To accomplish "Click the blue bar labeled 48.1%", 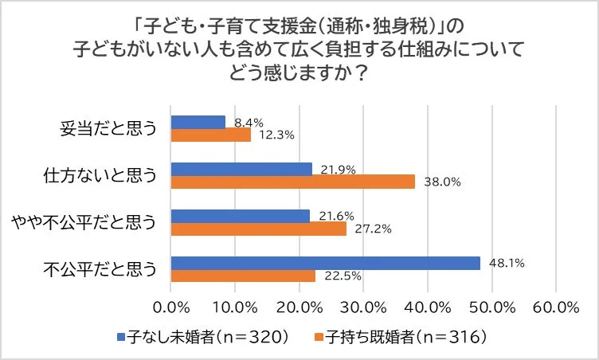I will point(325,263).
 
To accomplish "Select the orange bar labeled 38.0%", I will point(292,182).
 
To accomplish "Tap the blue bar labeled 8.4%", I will point(198,122).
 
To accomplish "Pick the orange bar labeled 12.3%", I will point(210,135).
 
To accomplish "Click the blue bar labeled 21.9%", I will point(241,169).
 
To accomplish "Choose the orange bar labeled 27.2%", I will point(258,229).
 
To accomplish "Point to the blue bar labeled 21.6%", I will point(240,216).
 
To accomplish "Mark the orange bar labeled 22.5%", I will point(243,276).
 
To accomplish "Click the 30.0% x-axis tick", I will point(363,307).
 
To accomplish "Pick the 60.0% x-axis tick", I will point(556,307).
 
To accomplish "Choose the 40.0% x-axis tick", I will point(428,307).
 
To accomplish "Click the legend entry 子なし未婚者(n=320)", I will point(202,337).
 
